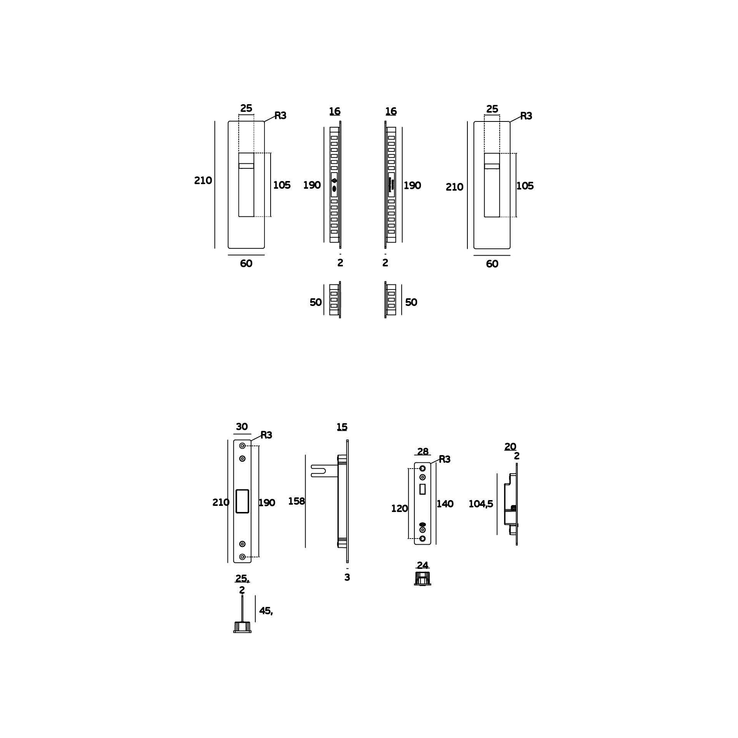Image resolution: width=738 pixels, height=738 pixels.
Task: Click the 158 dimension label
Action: pos(296,501)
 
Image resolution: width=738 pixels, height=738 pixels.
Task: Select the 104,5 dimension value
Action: pos(480,504)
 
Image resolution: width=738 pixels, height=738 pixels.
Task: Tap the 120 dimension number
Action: pos(399,509)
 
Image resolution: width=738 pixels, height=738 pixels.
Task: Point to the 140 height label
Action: pos(445,504)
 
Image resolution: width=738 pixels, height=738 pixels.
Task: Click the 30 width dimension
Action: pos(242,427)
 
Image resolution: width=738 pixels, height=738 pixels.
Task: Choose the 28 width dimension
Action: pos(423,451)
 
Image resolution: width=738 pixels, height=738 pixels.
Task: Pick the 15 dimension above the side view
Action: pos(342,427)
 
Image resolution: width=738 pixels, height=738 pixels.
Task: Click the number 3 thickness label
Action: pos(347,578)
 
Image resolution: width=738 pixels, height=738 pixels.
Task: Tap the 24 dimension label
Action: pos(422,565)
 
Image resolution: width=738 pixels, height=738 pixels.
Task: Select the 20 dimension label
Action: pos(510,447)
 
